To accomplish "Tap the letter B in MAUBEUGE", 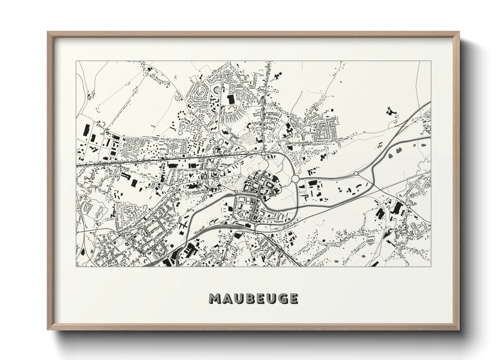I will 249,298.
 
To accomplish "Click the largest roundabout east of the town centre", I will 295,178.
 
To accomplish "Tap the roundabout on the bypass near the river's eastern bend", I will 356,174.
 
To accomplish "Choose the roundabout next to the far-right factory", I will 408,206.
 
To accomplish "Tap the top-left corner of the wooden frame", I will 48,32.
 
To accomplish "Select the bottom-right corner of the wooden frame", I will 459,330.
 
